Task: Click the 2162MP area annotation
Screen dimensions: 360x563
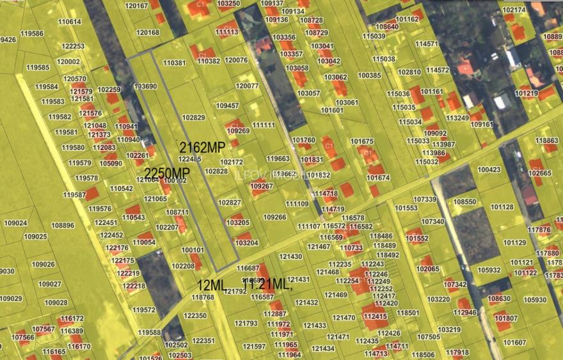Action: [x=202, y=147]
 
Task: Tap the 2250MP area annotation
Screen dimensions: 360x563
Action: [x=167, y=173]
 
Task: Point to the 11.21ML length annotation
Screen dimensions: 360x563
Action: [x=267, y=284]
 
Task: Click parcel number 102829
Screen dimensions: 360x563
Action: [x=193, y=118]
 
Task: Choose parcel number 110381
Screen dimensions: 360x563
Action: [x=174, y=63]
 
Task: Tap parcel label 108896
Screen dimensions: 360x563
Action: [x=63, y=226]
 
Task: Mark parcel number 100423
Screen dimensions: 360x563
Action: [x=489, y=170]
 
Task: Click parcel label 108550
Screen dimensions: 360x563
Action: [x=465, y=202]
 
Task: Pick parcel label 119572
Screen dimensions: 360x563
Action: [x=144, y=310]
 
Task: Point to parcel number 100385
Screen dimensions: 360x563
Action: [x=369, y=75]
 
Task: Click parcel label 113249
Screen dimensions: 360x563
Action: [x=457, y=118]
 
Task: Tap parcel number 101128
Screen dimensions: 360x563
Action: [x=502, y=207]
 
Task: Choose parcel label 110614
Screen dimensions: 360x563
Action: [x=70, y=22]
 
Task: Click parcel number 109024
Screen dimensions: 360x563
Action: [x=15, y=223]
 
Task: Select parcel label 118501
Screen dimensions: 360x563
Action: [x=408, y=313]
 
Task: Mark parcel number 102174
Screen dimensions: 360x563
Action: [x=514, y=10]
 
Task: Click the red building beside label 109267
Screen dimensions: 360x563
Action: [x=258, y=190]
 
